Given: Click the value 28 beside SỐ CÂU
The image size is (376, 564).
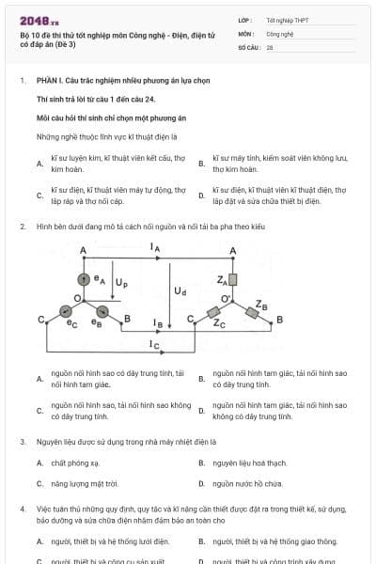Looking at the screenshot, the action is (x=271, y=46).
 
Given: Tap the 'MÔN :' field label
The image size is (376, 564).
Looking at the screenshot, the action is (x=247, y=33).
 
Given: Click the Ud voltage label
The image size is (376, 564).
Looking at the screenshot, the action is (x=180, y=291).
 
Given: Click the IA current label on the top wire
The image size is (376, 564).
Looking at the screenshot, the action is (x=155, y=246).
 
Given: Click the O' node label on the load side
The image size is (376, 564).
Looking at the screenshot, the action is (x=226, y=299).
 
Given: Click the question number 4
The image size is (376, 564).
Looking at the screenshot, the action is (x=22, y=508).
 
